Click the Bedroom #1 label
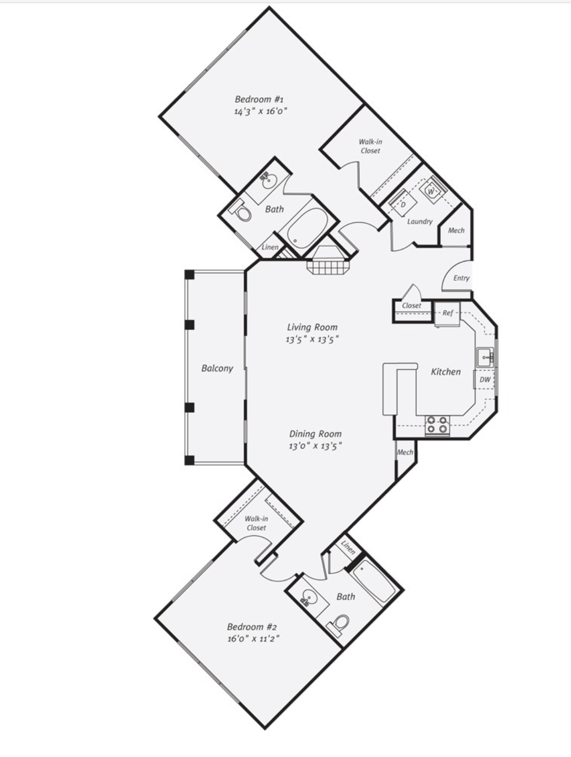[259, 99]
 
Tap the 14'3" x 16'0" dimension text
[261, 111]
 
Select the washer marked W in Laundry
[432, 190]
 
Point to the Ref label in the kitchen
[448, 313]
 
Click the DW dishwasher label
[485, 380]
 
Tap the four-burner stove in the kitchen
[437, 424]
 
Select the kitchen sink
[486, 357]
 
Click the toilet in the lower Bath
[340, 625]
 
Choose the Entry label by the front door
[461, 278]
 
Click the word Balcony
[217, 369]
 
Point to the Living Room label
[313, 327]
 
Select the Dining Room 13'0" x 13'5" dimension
[315, 446]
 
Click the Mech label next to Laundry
[456, 230]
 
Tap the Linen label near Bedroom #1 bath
[270, 247]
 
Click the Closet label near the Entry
[412, 306]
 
